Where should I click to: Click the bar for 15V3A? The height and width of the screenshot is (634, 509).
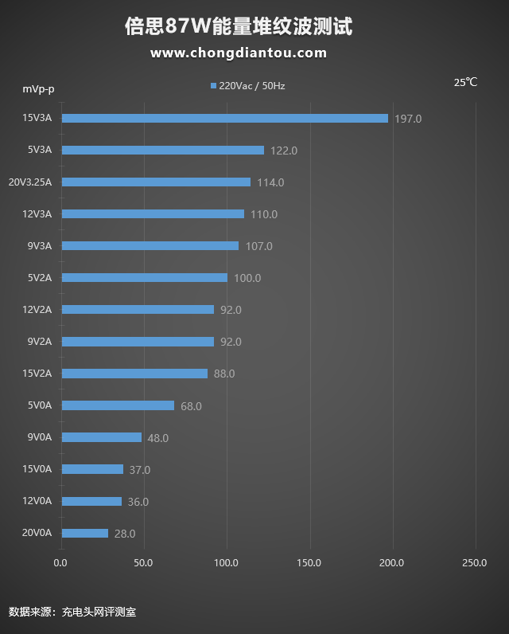tap(225, 118)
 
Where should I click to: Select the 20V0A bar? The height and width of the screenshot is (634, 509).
tap(85, 533)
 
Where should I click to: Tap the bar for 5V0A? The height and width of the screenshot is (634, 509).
tap(118, 405)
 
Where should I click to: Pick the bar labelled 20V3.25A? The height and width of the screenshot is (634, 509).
tap(156, 182)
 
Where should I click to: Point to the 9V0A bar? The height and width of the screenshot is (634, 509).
tap(102, 437)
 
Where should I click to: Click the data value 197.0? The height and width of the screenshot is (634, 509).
tap(408, 119)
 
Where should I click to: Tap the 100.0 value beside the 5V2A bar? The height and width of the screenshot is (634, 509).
tap(247, 278)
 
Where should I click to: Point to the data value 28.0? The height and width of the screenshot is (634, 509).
tap(125, 534)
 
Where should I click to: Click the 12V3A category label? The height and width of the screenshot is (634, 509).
tap(37, 213)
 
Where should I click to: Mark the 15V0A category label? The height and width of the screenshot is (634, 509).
tap(37, 469)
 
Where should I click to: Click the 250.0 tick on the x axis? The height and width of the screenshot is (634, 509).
tap(474, 563)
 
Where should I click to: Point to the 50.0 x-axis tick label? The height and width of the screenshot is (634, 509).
tap(143, 563)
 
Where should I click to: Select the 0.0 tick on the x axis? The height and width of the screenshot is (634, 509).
tap(60, 563)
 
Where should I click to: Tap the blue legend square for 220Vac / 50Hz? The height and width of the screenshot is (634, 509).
tap(213, 85)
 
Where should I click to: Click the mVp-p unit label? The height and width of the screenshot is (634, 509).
tap(38, 88)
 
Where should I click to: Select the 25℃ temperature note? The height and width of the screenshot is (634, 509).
tap(465, 82)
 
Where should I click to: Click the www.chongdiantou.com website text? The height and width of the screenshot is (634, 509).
tap(239, 53)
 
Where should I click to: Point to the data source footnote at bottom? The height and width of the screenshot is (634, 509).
tap(72, 612)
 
